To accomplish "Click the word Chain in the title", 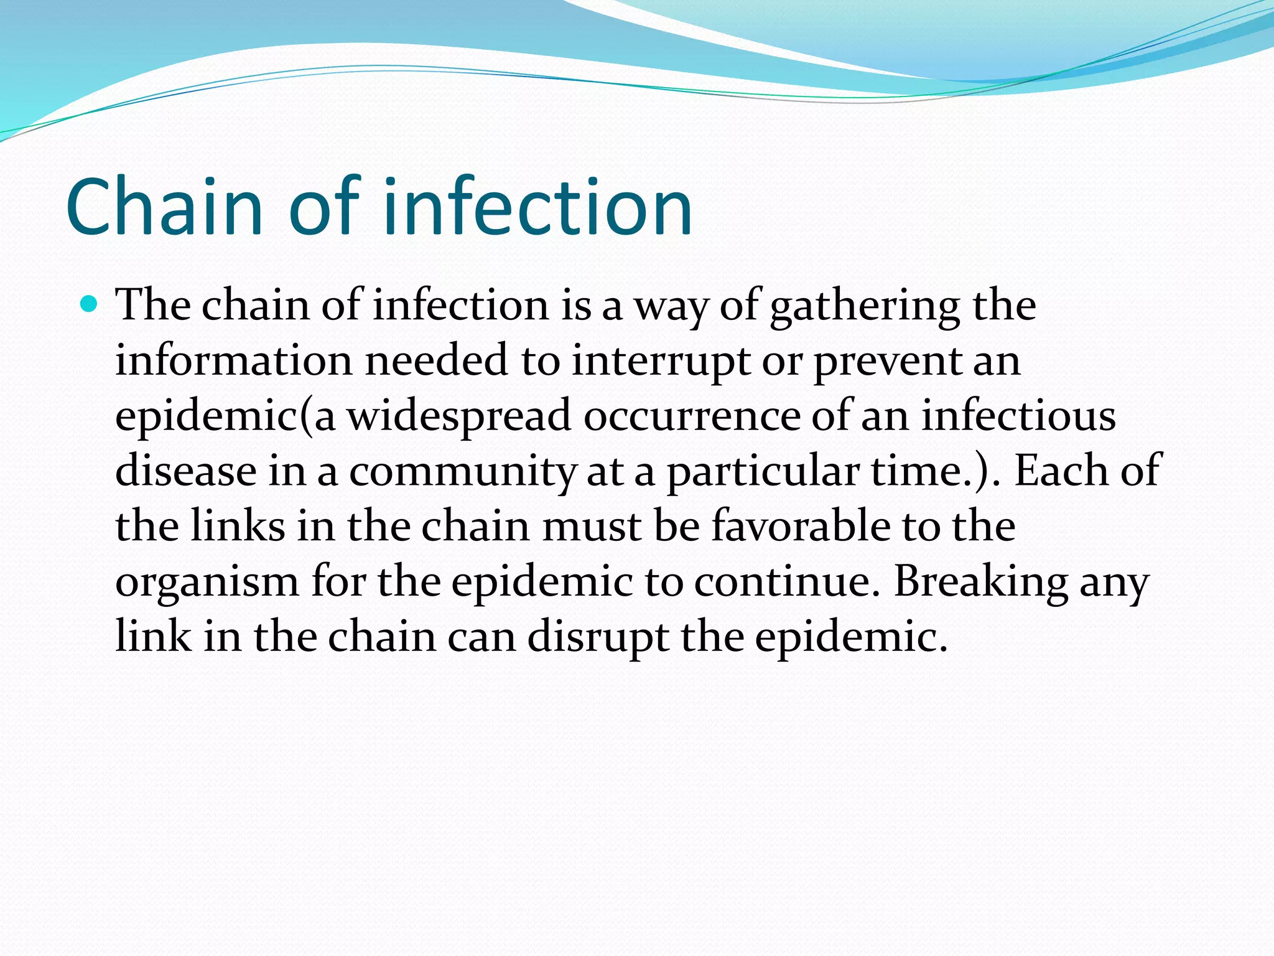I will (164, 207).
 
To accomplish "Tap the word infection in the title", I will (537, 207).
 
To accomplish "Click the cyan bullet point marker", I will (90, 305).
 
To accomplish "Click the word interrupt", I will (661, 362).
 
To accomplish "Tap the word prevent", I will (887, 362).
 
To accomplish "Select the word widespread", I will (458, 416).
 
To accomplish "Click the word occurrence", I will (692, 416).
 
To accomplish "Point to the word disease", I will (185, 471).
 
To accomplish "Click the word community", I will (462, 472).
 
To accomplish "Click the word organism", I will (207, 583).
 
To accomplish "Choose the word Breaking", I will (980, 581).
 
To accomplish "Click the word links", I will (237, 527).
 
